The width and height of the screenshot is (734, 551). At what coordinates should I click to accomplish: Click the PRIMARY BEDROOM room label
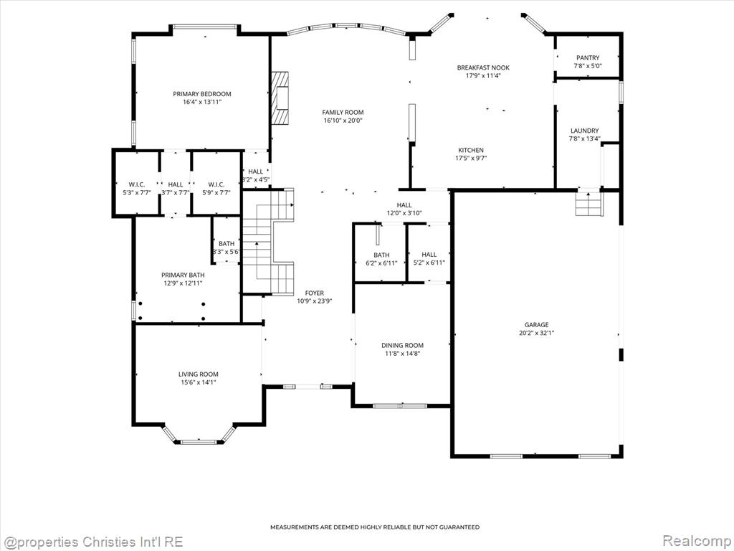point(201,94)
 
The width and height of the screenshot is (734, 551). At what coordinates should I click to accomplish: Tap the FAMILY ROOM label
point(343,112)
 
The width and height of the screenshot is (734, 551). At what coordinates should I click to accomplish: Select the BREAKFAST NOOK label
point(483,67)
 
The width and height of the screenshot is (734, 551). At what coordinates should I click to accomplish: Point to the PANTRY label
point(588,57)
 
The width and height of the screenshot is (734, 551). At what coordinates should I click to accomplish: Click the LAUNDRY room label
point(584,131)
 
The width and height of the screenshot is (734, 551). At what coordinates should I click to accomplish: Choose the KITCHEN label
point(470,150)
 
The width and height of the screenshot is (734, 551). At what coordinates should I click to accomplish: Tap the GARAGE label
point(536,325)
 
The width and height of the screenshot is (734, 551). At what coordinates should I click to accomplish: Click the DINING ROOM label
point(402,345)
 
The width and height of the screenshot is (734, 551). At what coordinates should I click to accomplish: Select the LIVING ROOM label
point(198,374)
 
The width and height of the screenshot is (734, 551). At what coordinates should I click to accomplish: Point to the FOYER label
point(314,293)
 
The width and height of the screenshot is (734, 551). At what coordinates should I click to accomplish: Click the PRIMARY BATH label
point(183,275)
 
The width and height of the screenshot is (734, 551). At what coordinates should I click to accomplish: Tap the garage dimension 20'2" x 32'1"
point(536,333)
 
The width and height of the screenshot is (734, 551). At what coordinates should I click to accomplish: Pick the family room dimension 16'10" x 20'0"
point(343,121)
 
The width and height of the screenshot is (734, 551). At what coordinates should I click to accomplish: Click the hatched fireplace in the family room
point(280,98)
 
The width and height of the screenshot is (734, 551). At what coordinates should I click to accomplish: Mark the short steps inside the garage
point(589,204)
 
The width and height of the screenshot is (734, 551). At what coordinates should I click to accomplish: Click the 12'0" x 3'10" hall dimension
point(404,213)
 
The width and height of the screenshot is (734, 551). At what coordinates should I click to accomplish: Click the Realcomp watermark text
point(696,541)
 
